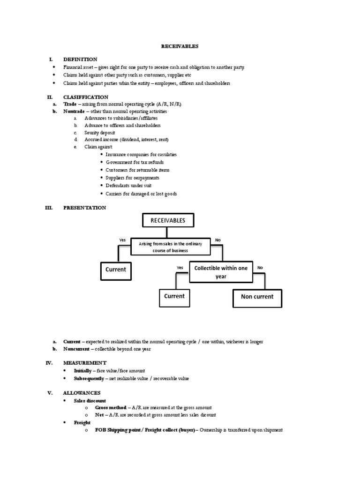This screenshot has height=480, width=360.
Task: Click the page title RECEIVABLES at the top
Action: pos(180,46)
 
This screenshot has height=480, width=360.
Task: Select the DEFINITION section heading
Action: pos(80,60)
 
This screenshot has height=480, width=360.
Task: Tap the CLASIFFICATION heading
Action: pos(86,97)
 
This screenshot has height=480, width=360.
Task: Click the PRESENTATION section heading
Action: pos(84,208)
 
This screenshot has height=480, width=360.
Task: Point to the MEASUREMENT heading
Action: pos(84,363)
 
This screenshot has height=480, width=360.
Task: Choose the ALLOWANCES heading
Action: pos(82,393)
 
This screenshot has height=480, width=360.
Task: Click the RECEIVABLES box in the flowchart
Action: pos(167,220)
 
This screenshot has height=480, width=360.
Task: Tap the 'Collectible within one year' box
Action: pos(221,272)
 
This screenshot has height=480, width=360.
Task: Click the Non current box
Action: pos(257,297)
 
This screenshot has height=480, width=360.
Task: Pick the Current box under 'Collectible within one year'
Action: pos(174,296)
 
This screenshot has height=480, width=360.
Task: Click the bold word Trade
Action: pos(69,104)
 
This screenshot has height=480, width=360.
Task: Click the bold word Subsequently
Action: pos(89,378)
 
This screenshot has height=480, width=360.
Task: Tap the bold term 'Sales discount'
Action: pos(90,401)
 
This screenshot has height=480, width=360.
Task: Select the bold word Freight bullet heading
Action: pos(82,423)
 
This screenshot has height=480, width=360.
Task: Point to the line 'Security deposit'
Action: pos(99,133)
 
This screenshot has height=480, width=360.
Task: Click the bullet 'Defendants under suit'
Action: pos(128,186)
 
